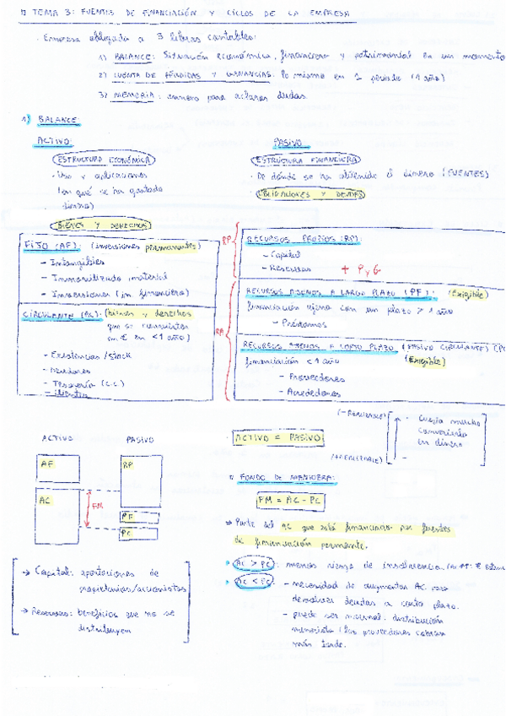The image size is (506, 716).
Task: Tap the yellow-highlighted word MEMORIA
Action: pyautogui.click(x=136, y=95)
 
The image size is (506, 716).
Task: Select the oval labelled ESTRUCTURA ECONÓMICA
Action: pyautogui.click(x=102, y=159)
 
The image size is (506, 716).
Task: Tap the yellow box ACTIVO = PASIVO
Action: pyautogui.click(x=278, y=438)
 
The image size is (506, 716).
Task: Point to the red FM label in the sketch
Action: pyautogui.click(x=98, y=507)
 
